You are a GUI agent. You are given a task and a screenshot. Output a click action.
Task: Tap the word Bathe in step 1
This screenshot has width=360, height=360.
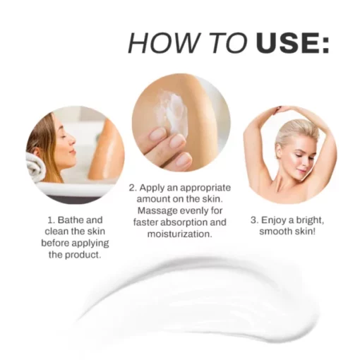[x=71, y=220]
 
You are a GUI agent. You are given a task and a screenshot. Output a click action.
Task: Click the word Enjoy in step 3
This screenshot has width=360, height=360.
[x=274, y=220]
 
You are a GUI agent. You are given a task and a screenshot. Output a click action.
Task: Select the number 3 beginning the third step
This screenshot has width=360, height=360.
[x=253, y=220]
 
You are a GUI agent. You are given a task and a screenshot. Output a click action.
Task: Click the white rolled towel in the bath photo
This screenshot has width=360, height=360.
[x=35, y=165]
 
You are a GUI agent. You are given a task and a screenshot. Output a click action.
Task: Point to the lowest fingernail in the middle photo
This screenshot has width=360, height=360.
[x=184, y=160]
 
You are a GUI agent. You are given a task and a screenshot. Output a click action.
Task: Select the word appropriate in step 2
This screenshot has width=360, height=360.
[x=205, y=188]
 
